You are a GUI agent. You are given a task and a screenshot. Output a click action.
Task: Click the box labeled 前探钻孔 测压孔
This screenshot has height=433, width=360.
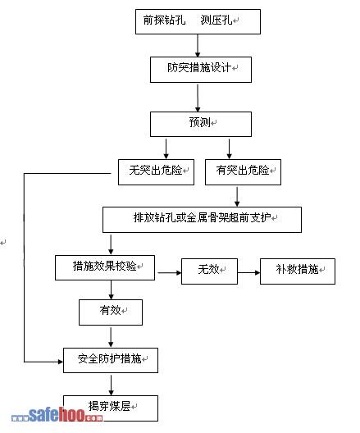(198, 21)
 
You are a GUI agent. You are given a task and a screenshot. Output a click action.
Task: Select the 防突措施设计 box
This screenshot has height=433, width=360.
(201, 70)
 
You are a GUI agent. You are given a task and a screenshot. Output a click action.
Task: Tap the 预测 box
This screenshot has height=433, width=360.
(201, 124)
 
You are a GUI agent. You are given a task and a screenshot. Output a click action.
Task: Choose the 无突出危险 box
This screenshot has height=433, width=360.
(156, 172)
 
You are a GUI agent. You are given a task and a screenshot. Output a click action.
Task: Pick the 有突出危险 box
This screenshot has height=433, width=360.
(243, 172)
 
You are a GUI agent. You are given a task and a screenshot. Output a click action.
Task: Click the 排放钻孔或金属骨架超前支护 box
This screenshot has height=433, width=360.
(202, 220)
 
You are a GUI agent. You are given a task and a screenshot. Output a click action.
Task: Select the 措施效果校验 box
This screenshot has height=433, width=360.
(105, 267)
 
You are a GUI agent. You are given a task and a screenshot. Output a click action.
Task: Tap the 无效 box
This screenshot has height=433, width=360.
(209, 271)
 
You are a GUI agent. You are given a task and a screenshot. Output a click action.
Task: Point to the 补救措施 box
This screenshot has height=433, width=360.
(298, 271)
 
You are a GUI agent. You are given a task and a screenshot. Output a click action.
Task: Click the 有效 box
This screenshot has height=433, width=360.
(111, 312)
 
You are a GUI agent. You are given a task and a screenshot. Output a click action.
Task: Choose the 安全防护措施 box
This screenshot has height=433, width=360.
(111, 360)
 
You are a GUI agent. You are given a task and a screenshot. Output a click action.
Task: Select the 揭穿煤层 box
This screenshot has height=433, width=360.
(111, 408)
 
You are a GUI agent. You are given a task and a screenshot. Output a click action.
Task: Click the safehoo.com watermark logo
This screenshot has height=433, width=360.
(57, 415)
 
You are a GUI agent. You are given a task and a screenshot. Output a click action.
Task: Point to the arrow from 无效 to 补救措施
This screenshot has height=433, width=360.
(248, 272)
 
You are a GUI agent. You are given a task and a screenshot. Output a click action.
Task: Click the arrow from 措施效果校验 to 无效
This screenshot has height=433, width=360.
(170, 272)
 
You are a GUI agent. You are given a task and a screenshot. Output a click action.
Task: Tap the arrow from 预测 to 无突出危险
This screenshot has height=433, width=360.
(166, 149)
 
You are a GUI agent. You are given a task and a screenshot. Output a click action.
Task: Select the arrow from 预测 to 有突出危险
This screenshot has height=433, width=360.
(229, 149)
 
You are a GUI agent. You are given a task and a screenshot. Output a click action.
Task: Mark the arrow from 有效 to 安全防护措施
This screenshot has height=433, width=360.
(111, 337)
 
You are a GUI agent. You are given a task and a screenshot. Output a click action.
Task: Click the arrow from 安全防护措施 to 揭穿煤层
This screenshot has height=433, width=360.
(111, 385)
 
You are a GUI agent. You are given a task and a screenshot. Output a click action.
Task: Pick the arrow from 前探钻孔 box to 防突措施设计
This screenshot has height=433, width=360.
(198, 46)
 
